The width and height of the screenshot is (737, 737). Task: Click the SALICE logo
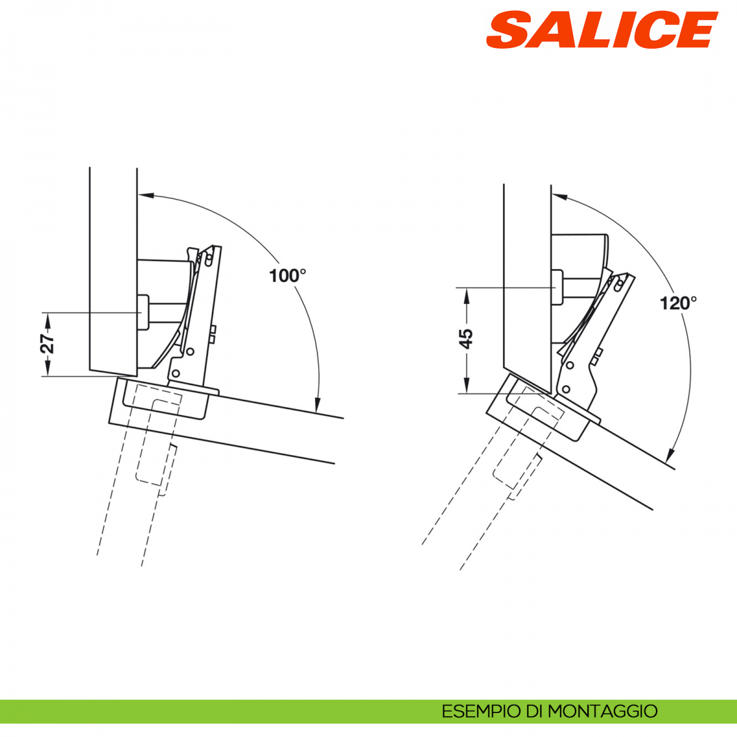click(601, 30)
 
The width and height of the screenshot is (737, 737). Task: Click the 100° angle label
click(287, 276)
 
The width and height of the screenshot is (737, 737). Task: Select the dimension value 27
click(47, 344)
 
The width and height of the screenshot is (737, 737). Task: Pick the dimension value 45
click(466, 339)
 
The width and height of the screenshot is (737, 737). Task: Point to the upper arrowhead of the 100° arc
click(146, 195)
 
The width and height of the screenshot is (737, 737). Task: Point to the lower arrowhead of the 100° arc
click(317, 405)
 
